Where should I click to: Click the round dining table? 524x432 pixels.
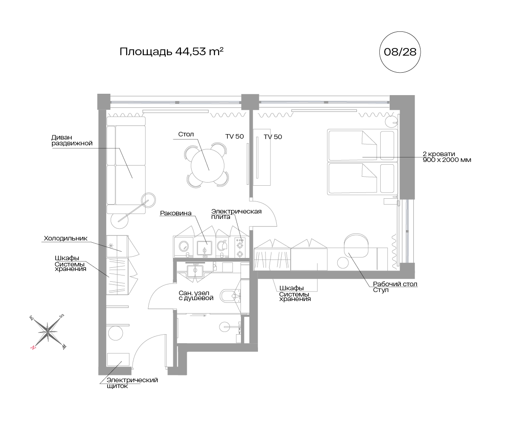[x=207, y=165]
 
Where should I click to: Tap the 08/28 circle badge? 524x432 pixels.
[x=400, y=52]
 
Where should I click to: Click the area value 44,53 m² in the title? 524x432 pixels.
[x=199, y=52]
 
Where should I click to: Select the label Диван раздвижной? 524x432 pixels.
[x=72, y=140]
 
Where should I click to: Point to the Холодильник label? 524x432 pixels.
[x=65, y=238]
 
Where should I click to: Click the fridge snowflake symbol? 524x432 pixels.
[x=111, y=246]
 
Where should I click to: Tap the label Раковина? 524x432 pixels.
[x=176, y=213]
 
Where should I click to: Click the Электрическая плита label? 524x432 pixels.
[x=236, y=214]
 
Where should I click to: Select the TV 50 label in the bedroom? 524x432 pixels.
[x=273, y=137]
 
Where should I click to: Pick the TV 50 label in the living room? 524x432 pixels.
[x=235, y=136]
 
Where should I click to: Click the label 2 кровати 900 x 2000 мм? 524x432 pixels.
[x=447, y=157]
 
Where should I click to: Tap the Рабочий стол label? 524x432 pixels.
[x=395, y=284]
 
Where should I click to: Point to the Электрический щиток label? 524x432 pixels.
[x=132, y=383]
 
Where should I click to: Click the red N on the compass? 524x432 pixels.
[x=33, y=348]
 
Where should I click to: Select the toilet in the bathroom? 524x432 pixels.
[x=231, y=296]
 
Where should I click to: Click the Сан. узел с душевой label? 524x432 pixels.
[x=196, y=296]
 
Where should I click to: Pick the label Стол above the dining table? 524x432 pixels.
[x=186, y=134]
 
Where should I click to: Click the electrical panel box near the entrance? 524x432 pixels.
[x=118, y=360]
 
